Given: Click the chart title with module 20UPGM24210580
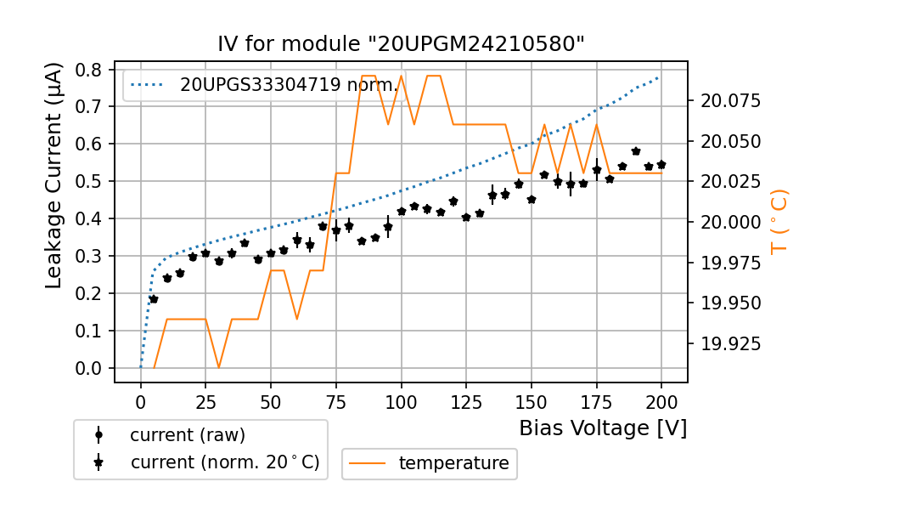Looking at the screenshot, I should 401,44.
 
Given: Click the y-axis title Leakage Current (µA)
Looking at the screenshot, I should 53,175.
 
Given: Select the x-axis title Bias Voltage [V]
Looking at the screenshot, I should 603,428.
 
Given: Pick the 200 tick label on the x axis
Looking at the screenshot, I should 661,401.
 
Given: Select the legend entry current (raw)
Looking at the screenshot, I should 187,435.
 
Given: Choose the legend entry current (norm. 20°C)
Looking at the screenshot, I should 224,462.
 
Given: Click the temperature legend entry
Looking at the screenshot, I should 453,463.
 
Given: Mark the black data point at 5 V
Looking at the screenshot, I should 154,299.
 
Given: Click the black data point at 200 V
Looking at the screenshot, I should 661,165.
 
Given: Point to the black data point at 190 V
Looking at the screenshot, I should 636,151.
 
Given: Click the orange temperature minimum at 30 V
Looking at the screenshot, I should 219,368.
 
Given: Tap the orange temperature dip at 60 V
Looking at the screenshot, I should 297,320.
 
